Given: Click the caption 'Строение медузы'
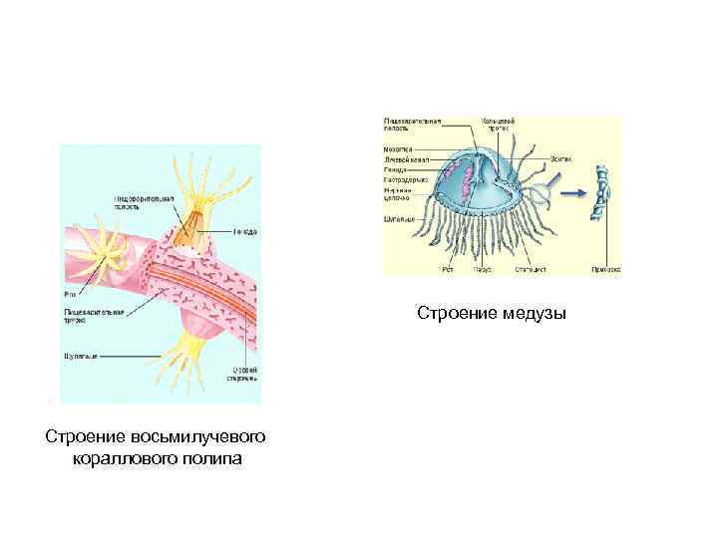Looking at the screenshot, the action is [491, 314].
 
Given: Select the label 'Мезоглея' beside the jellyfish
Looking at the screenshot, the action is [399, 148].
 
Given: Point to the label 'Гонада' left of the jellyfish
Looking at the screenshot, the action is [396, 169].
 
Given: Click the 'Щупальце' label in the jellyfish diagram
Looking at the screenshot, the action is [398, 219].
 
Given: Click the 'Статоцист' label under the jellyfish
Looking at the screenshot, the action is [529, 268].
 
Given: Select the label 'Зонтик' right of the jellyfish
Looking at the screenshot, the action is [560, 158].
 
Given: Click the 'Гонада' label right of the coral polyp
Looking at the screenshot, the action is [246, 231].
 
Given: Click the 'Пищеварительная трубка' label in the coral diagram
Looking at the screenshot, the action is [91, 316].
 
